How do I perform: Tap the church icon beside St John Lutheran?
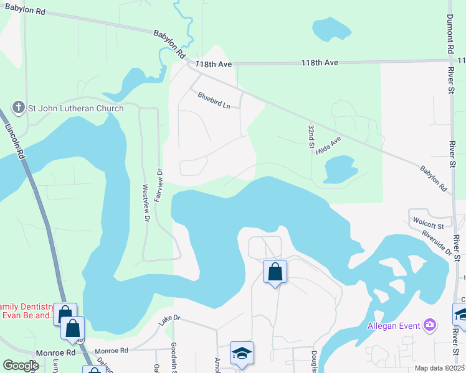19,108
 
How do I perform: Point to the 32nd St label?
310,136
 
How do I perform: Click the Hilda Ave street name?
329,147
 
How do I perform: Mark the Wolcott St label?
430,226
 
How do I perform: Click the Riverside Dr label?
435,242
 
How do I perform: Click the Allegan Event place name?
394,326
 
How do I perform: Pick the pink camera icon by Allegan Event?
429,325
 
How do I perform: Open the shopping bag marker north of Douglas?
275,272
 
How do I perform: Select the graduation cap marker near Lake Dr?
242,353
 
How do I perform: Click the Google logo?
21,365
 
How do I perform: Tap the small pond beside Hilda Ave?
340,168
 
